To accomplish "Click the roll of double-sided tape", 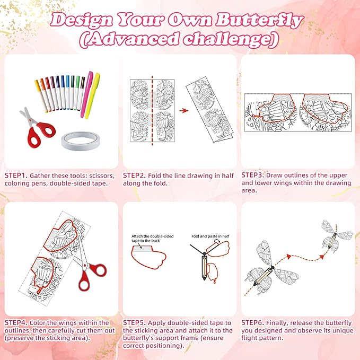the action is (x=80, y=141).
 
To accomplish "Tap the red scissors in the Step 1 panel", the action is (x=38, y=128).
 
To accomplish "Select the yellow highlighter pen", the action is (x=93, y=95).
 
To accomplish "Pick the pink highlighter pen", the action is (x=86, y=94).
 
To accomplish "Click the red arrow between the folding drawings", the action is (x=184, y=111).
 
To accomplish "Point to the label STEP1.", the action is (x=16, y=175).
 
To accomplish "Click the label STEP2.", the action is (x=134, y=175).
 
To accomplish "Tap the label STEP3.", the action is (x=253, y=175).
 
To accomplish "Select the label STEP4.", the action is (x=16, y=323).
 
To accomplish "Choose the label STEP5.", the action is (x=134, y=323).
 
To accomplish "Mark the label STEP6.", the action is (x=253, y=323).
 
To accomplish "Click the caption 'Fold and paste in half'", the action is (x=210, y=236).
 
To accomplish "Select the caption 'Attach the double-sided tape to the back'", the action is (x=153, y=238).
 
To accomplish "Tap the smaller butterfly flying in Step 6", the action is (x=336, y=236).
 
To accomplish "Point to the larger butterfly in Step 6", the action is (x=271, y=268).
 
